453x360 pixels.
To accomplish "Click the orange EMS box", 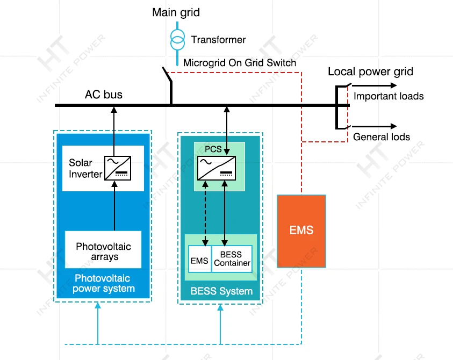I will click(x=301, y=231).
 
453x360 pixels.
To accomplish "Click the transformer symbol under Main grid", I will click(x=176, y=39).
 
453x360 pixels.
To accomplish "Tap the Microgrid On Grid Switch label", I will click(x=240, y=63).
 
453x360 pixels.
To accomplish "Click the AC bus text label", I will click(x=104, y=95).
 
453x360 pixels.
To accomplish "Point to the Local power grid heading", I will click(x=370, y=72).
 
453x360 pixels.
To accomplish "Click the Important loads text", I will click(x=389, y=97).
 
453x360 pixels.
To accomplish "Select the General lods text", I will click(x=381, y=137).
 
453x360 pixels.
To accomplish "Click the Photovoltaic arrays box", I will click(x=103, y=250).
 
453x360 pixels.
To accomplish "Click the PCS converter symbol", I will click(x=215, y=167).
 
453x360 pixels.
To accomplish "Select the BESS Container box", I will click(x=232, y=259).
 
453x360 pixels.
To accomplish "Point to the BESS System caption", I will click(x=221, y=292).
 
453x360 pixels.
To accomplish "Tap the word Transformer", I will click(x=218, y=40).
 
